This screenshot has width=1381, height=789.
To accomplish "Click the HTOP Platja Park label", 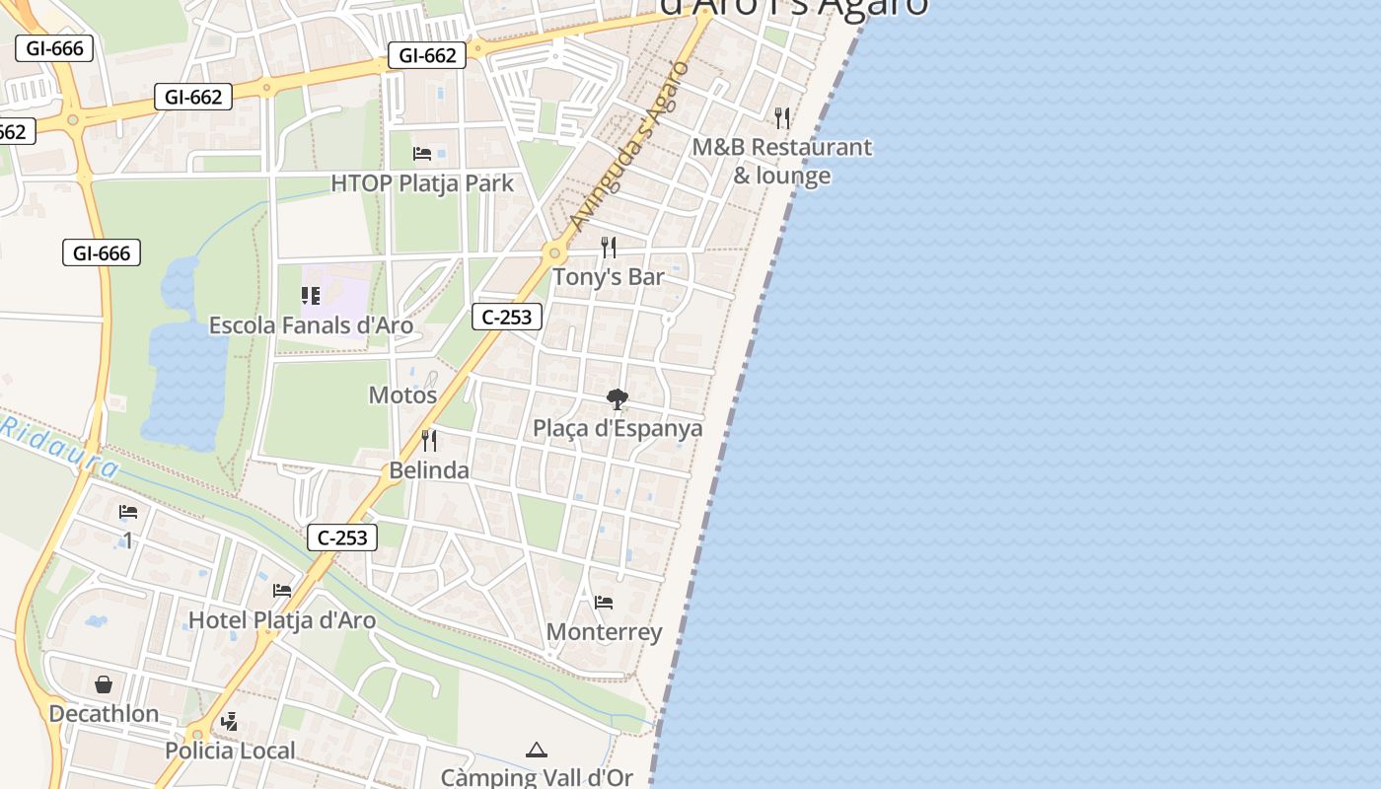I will pyautogui.click(x=422, y=183).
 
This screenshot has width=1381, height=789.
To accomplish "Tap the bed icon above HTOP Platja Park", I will pyautogui.click(x=422, y=154).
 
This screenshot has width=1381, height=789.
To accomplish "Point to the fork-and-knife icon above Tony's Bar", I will pyautogui.click(x=609, y=247).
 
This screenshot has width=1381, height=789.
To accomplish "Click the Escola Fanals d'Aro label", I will pyautogui.click(x=311, y=325).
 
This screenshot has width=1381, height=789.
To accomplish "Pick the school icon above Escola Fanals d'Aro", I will pyautogui.click(x=311, y=296).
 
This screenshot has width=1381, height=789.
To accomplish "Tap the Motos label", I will pyautogui.click(x=402, y=395).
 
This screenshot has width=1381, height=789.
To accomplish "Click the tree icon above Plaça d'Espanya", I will pyautogui.click(x=618, y=399).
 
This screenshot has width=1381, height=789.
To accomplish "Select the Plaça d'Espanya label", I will pyautogui.click(x=618, y=429).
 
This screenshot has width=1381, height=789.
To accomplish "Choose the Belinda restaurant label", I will pyautogui.click(x=429, y=470).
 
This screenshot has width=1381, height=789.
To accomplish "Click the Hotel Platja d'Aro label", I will pyautogui.click(x=282, y=620).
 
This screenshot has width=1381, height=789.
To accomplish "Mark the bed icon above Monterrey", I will pyautogui.click(x=604, y=602).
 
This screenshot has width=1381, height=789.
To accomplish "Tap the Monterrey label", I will pyautogui.click(x=604, y=632).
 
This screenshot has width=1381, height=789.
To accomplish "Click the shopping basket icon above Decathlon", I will pyautogui.click(x=104, y=684).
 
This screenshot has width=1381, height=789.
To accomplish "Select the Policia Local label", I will pyautogui.click(x=230, y=752).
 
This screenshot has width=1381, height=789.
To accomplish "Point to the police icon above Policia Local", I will pyautogui.click(x=230, y=722).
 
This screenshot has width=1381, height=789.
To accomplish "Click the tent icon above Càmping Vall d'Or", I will pyautogui.click(x=536, y=750).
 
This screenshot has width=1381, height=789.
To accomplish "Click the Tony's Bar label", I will pyautogui.click(x=609, y=277).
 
